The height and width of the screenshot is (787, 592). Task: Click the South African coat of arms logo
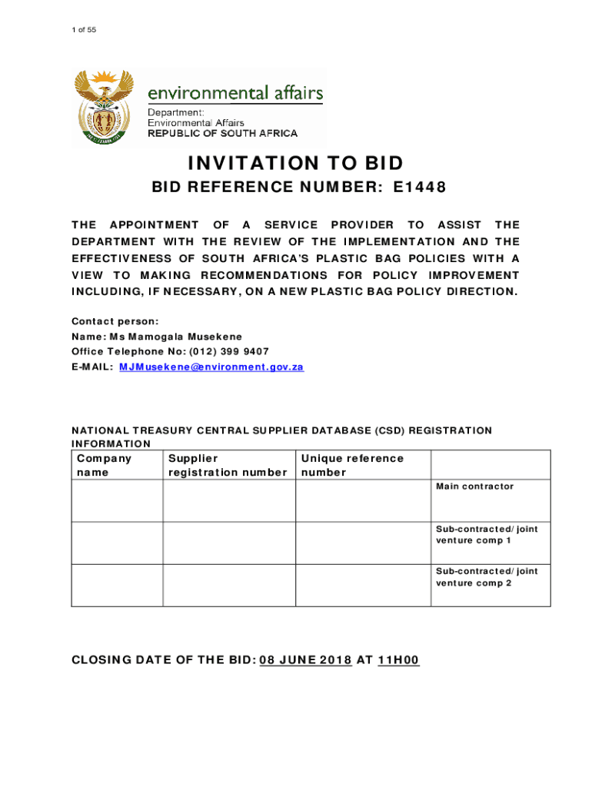tap(103, 107)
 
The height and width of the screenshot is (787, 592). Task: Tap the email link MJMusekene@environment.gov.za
tap(211, 367)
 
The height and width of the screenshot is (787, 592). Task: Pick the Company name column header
tap(105, 465)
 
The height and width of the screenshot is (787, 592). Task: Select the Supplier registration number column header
tap(228, 465)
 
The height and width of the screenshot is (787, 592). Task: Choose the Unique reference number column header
tap(352, 465)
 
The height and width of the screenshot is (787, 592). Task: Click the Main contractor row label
tap(474, 486)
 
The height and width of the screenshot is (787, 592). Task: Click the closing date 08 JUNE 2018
tap(306, 660)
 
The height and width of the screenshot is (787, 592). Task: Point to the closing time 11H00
tap(398, 660)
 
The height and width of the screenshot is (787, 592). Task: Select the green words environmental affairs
tap(235, 94)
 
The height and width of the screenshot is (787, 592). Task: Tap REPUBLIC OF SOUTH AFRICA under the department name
tap(222, 133)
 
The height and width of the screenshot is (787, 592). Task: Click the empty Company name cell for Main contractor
tap(117, 501)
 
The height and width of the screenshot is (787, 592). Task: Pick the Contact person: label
tap(115, 321)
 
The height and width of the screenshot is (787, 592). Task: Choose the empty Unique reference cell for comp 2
tap(363, 586)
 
